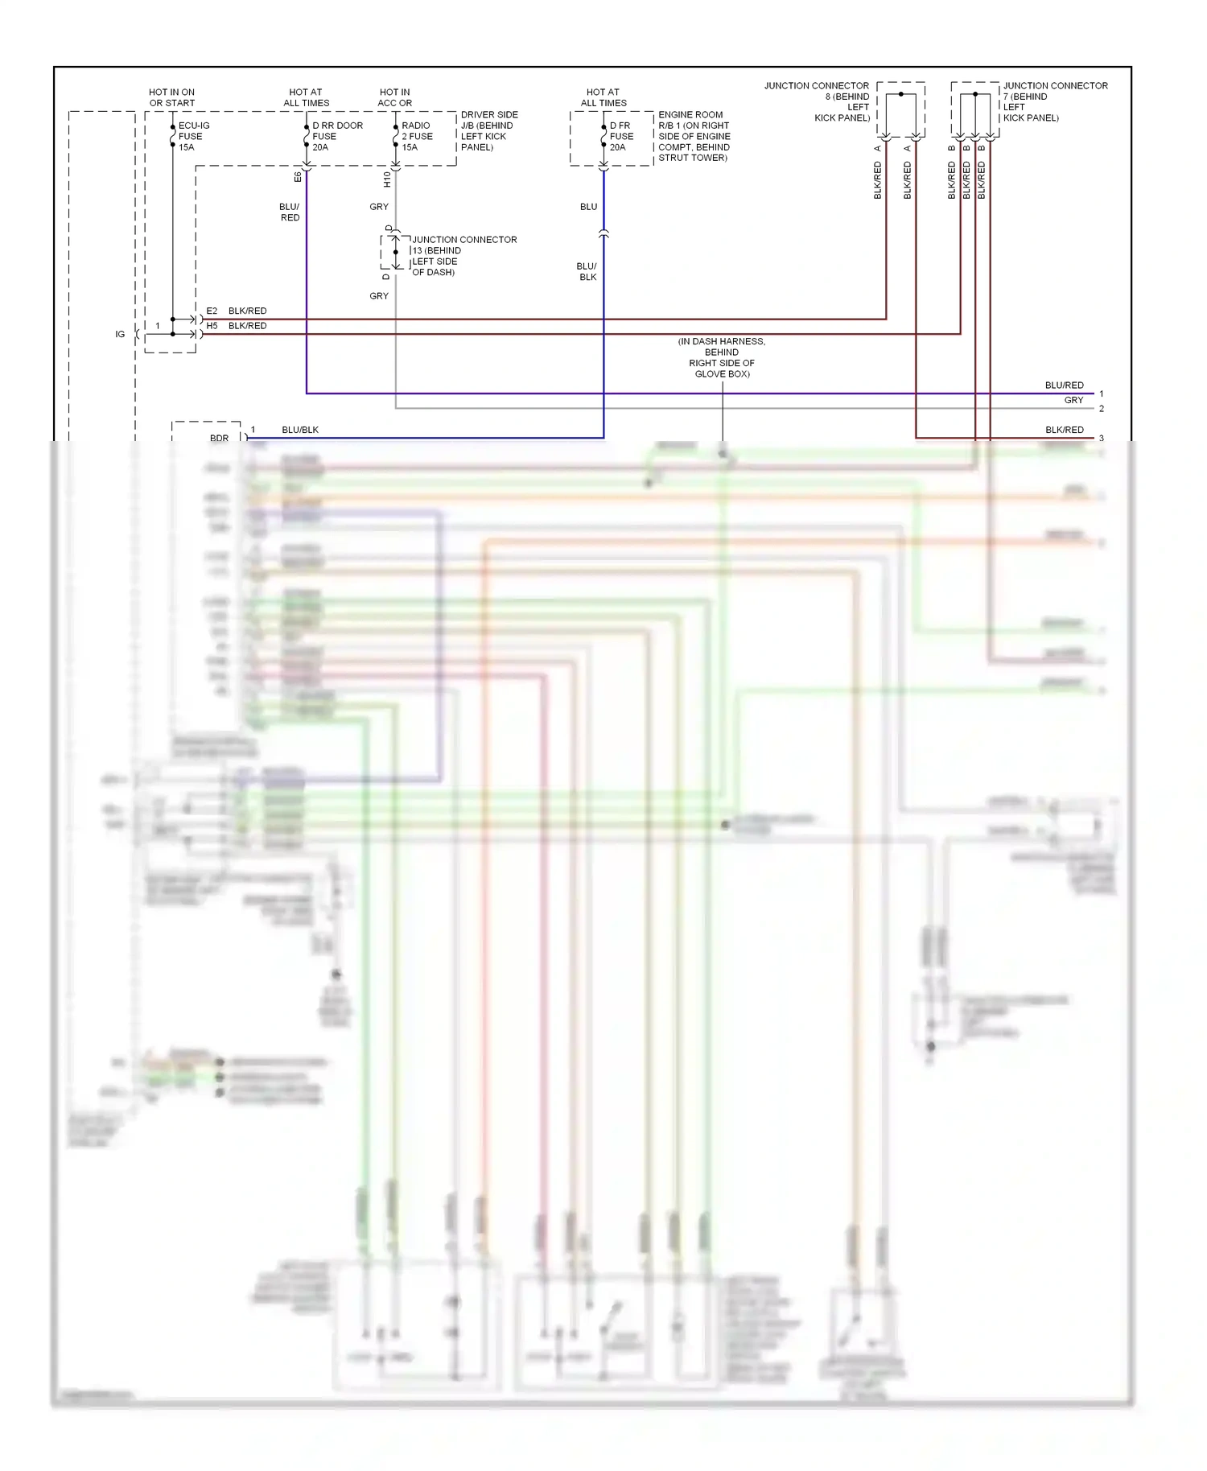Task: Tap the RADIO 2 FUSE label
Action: [x=417, y=136]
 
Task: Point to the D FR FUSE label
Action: [x=621, y=136]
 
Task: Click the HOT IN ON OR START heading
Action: [x=171, y=97]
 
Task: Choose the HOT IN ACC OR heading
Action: [x=394, y=97]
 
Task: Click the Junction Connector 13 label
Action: [x=463, y=256]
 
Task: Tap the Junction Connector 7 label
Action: [x=1054, y=101]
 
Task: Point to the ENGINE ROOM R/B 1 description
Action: [x=694, y=136]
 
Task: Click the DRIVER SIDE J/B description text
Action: [x=489, y=130]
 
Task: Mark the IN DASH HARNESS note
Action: [x=722, y=357]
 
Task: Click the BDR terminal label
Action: [x=219, y=439]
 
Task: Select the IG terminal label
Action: [x=120, y=334]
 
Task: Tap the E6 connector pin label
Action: [x=298, y=176]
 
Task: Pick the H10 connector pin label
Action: [x=387, y=179]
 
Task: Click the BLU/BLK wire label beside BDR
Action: [x=300, y=430]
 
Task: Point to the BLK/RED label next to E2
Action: [x=247, y=311]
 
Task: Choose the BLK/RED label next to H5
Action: [x=247, y=326]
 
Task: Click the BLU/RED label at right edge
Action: [x=1064, y=385]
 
